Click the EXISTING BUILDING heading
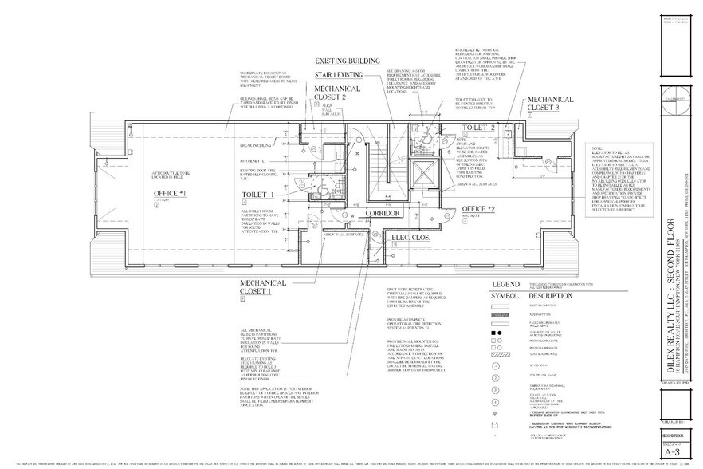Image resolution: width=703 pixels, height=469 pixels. click(347, 61)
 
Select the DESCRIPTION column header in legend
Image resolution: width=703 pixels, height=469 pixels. click(548, 294)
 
